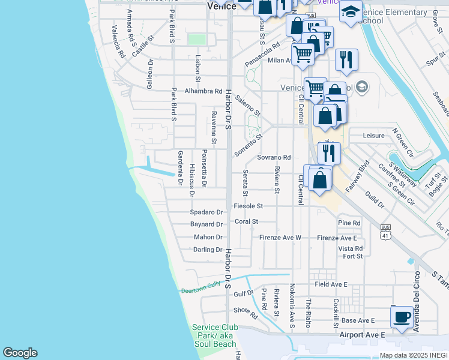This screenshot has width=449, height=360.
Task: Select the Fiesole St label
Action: click(x=248, y=206)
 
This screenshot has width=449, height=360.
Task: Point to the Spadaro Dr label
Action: click(x=206, y=212)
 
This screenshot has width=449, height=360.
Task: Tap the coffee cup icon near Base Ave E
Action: click(x=402, y=316)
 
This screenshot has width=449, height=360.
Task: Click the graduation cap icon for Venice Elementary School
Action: click(x=351, y=11)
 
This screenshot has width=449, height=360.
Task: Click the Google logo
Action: click(x=20, y=353)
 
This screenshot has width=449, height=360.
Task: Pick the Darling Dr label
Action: click(x=208, y=250)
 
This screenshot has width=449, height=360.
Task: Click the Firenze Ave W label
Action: click(x=280, y=238)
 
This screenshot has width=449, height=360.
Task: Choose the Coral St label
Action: click(x=246, y=221)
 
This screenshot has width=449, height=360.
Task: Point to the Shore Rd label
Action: click(x=246, y=312)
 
